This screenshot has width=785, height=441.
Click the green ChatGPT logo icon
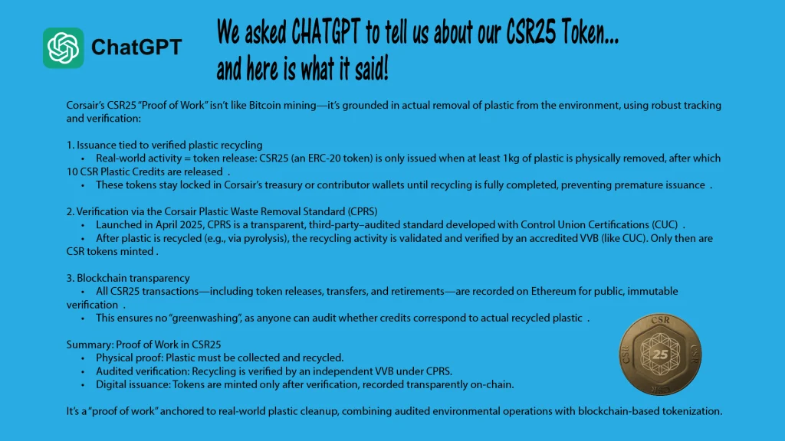coord(63,47)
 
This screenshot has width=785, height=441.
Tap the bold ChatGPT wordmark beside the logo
coord(136,47)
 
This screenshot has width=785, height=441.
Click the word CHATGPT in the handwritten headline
coord(325,32)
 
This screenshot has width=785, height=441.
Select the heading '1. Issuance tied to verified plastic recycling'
coord(164,145)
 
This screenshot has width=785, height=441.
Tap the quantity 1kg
coord(511,158)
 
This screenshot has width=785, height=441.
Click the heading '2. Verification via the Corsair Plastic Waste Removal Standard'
coord(222,211)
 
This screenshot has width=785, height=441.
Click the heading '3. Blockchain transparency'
coord(128,278)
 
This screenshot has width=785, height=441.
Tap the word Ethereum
coord(553,291)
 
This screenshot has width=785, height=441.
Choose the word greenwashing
coord(205,318)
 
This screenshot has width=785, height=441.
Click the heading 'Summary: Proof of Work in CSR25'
coord(143,345)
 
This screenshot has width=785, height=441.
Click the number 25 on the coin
coord(660,354)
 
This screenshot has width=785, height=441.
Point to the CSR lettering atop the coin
coord(660,320)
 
